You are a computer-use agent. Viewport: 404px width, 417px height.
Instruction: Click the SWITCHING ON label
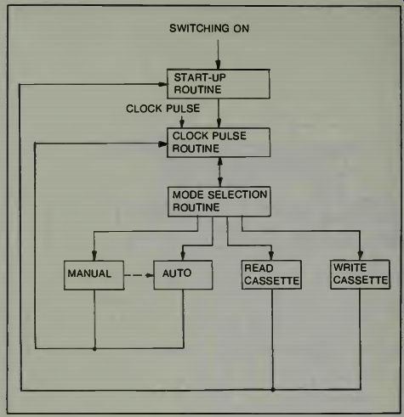click(209, 28)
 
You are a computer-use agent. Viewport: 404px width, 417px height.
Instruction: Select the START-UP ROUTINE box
click(219, 84)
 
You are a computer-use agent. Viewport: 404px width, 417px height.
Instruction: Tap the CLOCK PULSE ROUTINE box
click(219, 143)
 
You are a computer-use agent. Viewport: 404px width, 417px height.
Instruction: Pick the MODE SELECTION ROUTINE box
click(219, 201)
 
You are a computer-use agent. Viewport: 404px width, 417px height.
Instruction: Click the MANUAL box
click(94, 275)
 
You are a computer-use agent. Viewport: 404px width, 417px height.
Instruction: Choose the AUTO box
click(183, 275)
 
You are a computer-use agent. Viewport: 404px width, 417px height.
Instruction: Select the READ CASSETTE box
click(271, 274)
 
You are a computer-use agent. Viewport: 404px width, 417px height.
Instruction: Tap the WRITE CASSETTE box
click(361, 274)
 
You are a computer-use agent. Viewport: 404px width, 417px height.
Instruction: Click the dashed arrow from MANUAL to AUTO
click(139, 275)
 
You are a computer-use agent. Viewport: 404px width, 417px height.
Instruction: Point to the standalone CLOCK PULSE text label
click(163, 109)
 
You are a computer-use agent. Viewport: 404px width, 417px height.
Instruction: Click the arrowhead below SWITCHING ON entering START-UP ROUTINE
click(218, 65)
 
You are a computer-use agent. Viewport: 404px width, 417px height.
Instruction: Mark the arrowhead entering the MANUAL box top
click(94, 256)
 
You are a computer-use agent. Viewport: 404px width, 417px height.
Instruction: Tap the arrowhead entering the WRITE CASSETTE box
click(361, 255)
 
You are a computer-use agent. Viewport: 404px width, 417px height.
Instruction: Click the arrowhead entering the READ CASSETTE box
click(271, 255)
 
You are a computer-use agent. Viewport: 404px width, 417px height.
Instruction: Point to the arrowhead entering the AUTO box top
click(183, 256)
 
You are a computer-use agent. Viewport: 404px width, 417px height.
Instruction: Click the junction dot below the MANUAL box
click(94, 349)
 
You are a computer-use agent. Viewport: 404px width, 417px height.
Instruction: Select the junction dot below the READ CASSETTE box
click(273, 390)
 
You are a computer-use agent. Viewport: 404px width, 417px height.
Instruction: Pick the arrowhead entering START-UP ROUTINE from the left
click(162, 84)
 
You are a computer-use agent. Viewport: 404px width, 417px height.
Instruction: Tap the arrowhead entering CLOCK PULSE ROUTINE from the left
click(162, 144)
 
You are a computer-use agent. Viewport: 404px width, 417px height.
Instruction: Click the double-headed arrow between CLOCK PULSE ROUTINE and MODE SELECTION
click(219, 172)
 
